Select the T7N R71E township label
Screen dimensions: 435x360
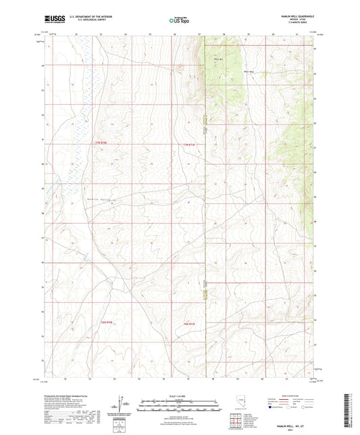click(x=188, y=143)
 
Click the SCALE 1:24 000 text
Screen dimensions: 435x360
click(x=179, y=395)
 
